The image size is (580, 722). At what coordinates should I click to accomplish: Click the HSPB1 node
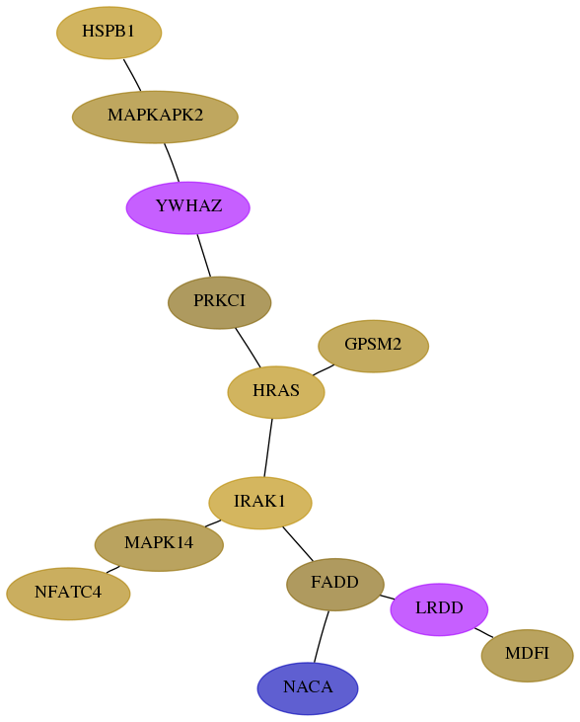tap(109, 33)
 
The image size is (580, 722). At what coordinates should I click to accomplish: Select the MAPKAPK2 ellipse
tap(155, 117)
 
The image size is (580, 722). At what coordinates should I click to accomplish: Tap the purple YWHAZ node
tap(188, 207)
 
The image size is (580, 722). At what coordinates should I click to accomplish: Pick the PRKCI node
tap(219, 302)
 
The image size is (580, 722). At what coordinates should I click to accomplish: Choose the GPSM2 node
tap(374, 346)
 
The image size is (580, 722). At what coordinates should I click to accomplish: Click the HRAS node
tap(276, 392)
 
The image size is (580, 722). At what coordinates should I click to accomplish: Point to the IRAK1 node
tap(260, 503)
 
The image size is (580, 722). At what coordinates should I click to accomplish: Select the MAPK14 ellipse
tap(159, 545)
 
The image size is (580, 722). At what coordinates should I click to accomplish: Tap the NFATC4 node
tap(68, 594)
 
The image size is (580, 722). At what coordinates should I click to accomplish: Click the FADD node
tap(335, 585)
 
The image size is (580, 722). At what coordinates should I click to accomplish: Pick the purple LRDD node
tap(439, 609)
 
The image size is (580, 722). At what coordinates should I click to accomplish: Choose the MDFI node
tap(528, 655)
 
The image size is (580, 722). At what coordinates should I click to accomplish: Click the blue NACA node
tap(308, 688)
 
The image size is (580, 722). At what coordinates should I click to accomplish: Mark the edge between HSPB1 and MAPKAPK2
tap(132, 75)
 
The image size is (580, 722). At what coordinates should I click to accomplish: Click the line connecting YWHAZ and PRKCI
tap(204, 256)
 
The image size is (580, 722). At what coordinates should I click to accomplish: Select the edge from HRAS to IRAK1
tap(268, 447)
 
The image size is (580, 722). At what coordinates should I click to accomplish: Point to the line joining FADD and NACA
tap(322, 636)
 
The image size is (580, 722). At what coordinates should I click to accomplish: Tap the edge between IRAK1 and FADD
tap(298, 544)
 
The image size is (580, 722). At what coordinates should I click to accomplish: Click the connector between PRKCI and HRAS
tap(248, 348)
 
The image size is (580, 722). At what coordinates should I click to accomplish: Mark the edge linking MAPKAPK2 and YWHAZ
tap(172, 163)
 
